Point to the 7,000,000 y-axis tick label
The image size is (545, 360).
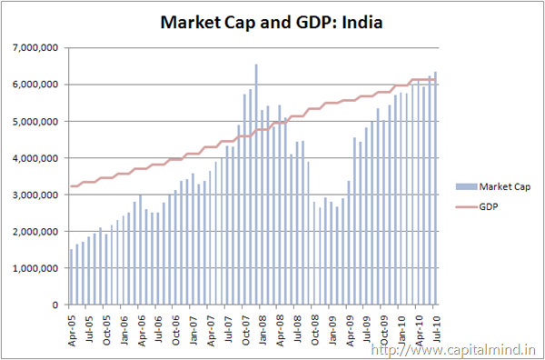click(x=35, y=47)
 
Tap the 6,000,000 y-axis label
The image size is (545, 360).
click(x=35, y=85)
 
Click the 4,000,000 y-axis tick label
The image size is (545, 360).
click(x=35, y=158)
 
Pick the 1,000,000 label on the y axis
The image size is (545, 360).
click(x=35, y=268)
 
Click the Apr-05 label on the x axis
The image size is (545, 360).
click(x=72, y=327)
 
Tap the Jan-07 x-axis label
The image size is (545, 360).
click(x=194, y=327)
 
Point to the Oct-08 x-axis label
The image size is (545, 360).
click(x=316, y=327)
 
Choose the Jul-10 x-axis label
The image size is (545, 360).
click(x=438, y=327)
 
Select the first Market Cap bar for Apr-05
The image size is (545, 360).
click(x=72, y=277)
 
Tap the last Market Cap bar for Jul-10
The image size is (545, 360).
click(x=435, y=189)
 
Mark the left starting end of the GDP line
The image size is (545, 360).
click(x=70, y=186)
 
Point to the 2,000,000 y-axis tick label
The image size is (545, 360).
click(x=35, y=232)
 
